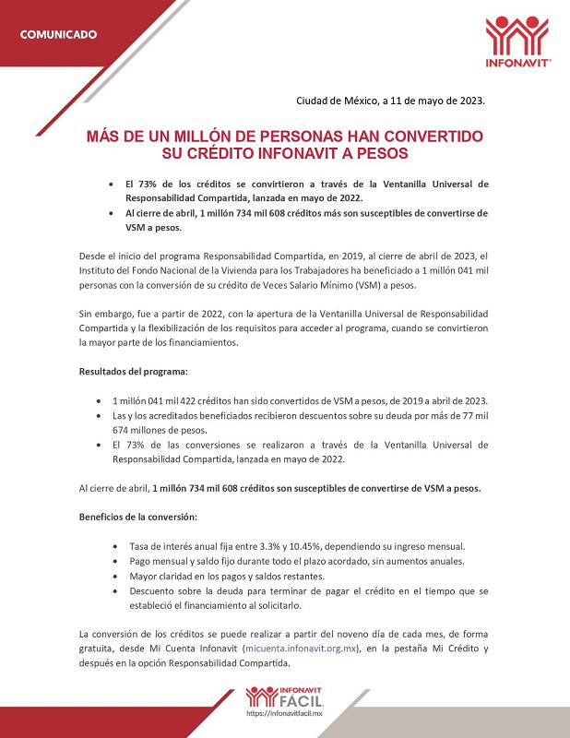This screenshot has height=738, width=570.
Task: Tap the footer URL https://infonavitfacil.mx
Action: (284, 714)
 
